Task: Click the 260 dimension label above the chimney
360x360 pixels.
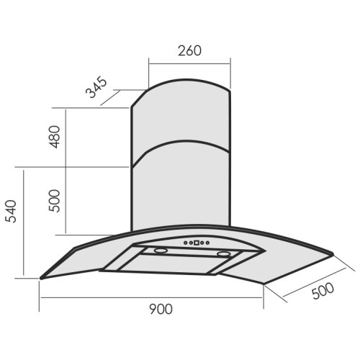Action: (x=189, y=50)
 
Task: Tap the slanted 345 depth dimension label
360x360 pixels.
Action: (x=96, y=87)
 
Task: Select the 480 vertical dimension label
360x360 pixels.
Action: (x=54, y=137)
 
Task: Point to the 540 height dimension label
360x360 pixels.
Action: (x=11, y=211)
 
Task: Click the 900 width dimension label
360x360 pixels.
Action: (x=161, y=309)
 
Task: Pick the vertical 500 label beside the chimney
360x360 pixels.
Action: (x=54, y=201)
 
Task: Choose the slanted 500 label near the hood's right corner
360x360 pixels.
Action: (x=323, y=291)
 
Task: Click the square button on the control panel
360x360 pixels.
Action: (x=197, y=243)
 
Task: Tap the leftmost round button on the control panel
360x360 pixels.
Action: (x=186, y=243)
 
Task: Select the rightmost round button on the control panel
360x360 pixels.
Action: (x=207, y=243)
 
